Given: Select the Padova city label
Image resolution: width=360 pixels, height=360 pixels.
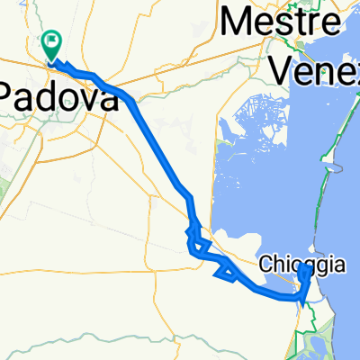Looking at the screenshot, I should pyautogui.click(x=58, y=95).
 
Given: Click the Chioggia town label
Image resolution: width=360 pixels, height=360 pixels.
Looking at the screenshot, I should pyautogui.click(x=301, y=265).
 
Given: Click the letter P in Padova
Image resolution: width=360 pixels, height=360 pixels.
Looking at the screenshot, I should pyautogui.click(x=8, y=95).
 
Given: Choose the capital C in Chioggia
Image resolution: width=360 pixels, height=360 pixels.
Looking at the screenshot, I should pyautogui.click(x=266, y=265).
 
